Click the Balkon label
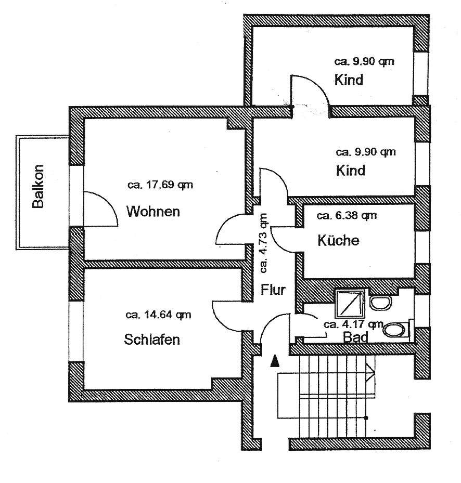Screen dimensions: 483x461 37,186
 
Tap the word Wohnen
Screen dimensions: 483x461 153,212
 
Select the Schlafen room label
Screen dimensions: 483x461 152,340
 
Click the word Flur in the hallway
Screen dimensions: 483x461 273,290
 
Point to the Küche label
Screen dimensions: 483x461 338,241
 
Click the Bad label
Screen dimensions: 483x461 356,337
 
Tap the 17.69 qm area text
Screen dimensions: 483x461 161,185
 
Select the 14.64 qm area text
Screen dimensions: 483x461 158,314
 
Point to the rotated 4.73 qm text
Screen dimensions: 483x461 264,243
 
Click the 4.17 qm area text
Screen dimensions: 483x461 353,324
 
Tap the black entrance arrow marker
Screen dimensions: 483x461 275,361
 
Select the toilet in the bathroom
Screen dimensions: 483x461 396,329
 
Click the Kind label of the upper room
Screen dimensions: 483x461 349,81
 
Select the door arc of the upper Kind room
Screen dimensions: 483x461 310,88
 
